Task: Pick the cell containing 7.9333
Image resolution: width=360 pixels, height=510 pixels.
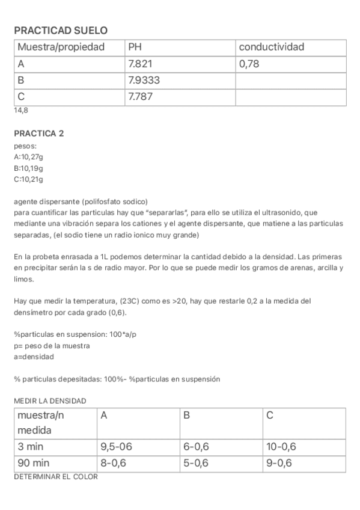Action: [144, 79]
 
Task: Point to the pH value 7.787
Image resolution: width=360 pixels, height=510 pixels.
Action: [141, 96]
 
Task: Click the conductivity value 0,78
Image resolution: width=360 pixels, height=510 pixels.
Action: [249, 63]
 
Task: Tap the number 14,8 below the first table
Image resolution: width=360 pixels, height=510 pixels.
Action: [21, 111]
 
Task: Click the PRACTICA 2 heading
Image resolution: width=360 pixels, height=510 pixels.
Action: [38, 134]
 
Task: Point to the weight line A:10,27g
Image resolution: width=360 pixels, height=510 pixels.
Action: [28, 157]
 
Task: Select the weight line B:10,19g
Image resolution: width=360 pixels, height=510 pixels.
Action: [28, 168]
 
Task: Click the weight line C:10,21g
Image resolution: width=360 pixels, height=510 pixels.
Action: [28, 179]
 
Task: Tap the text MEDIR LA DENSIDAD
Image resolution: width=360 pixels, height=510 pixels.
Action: [50, 401]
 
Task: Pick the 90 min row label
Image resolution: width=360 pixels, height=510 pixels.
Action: [34, 463]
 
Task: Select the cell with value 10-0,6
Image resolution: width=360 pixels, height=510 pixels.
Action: [281, 447]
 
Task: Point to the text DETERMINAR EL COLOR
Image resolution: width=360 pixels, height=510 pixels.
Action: [55, 477]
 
